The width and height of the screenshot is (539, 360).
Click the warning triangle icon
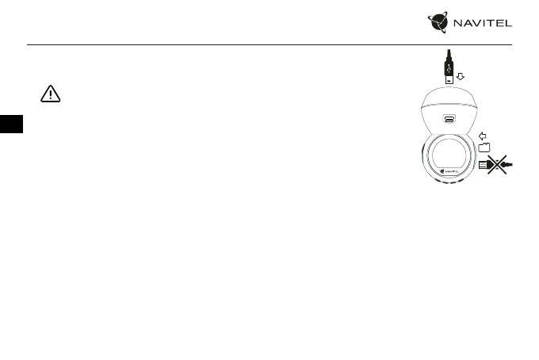[x=50, y=94]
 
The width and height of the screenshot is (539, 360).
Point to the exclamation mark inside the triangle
[x=50, y=95]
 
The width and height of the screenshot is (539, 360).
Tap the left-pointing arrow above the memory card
[x=484, y=135]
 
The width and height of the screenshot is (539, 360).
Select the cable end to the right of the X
[x=510, y=164]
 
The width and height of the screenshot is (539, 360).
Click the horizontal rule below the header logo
[x=269, y=44]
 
